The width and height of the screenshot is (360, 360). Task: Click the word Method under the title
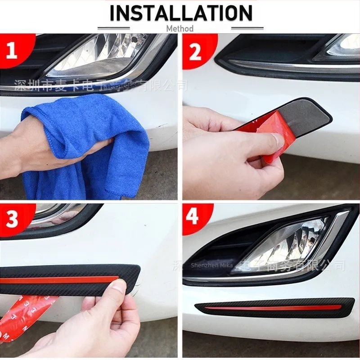pos(180,28)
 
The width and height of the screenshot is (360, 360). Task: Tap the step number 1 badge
pos(12,50)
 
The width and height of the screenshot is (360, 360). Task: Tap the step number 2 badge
pos(194,52)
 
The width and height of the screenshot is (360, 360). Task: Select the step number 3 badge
pos(13,220)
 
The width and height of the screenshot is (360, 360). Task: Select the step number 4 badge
pos(193,217)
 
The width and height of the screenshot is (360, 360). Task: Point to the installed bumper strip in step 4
pos(274,308)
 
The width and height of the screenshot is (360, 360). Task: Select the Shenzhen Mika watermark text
pos(211,266)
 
